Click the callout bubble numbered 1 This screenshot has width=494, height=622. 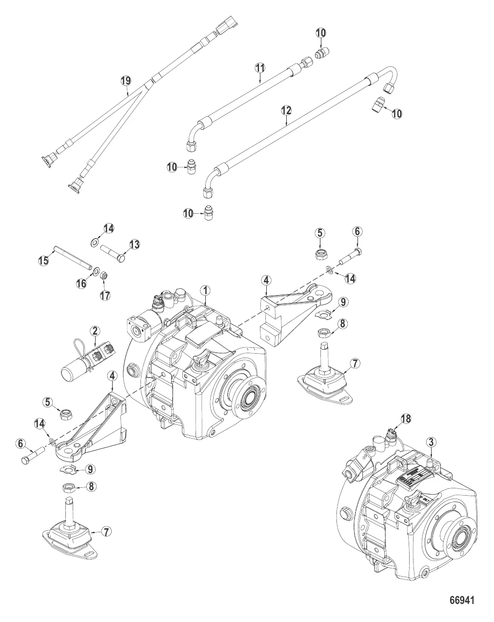(206, 290)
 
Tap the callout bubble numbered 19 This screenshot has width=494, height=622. (126, 81)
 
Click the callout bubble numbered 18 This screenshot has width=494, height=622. (406, 418)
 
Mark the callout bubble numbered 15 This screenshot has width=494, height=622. (44, 261)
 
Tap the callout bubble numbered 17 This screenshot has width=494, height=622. (105, 295)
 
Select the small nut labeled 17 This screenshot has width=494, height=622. (103, 277)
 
